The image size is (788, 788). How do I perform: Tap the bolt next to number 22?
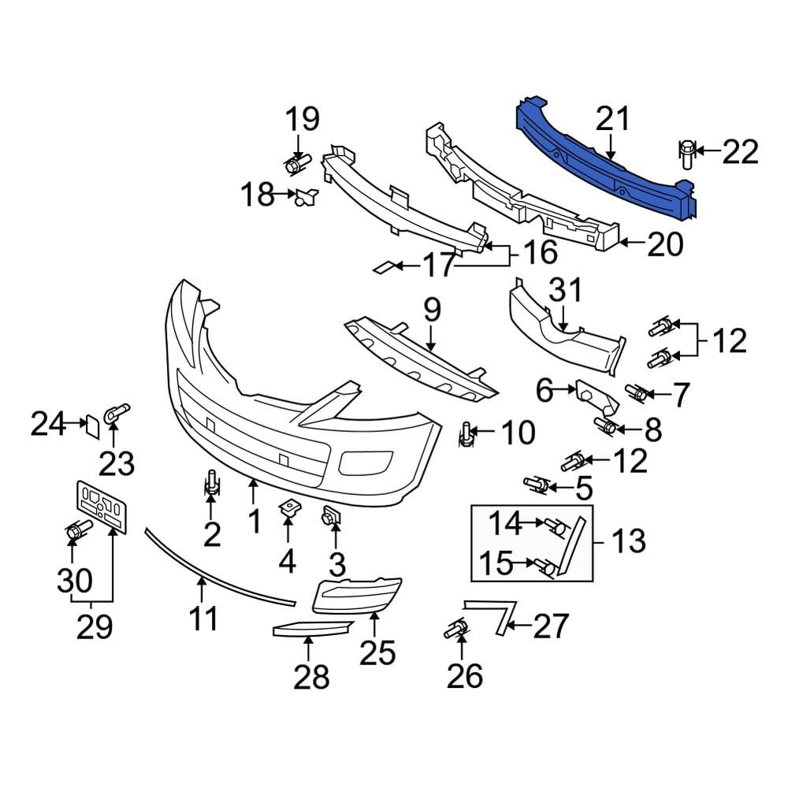[x=686, y=153]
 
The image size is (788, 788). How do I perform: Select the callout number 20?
[x=663, y=245]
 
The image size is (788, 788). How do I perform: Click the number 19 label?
[x=302, y=120]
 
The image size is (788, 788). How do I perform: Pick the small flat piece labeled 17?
[x=383, y=268]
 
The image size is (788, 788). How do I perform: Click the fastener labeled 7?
[x=637, y=391]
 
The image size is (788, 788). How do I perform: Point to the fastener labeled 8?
[x=607, y=427]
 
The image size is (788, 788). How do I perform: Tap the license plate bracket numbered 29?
[x=102, y=506]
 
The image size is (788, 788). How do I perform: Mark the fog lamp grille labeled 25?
[x=357, y=595]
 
